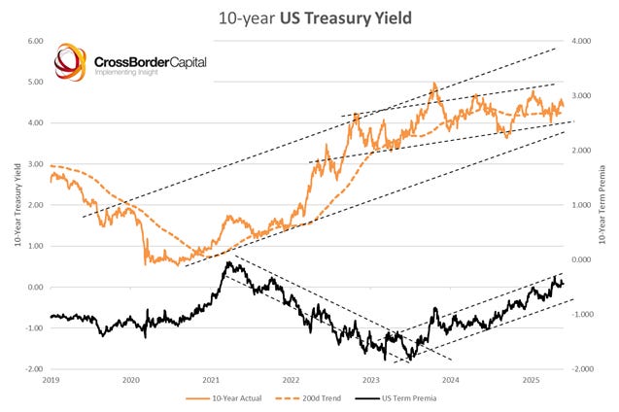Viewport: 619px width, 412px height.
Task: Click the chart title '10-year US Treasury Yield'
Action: [x=310, y=17]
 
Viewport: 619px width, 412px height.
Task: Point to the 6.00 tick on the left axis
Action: [x=36, y=42]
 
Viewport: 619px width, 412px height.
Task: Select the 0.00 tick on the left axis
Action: [x=36, y=288]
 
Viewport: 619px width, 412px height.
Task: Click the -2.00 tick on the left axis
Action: [x=35, y=370]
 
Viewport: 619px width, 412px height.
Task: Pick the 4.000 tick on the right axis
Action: [x=582, y=42]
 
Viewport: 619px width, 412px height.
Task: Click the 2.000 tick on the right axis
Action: [x=582, y=151]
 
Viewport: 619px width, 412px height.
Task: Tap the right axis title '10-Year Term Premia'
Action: [x=604, y=205]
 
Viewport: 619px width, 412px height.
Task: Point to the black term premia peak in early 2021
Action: [x=228, y=262]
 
